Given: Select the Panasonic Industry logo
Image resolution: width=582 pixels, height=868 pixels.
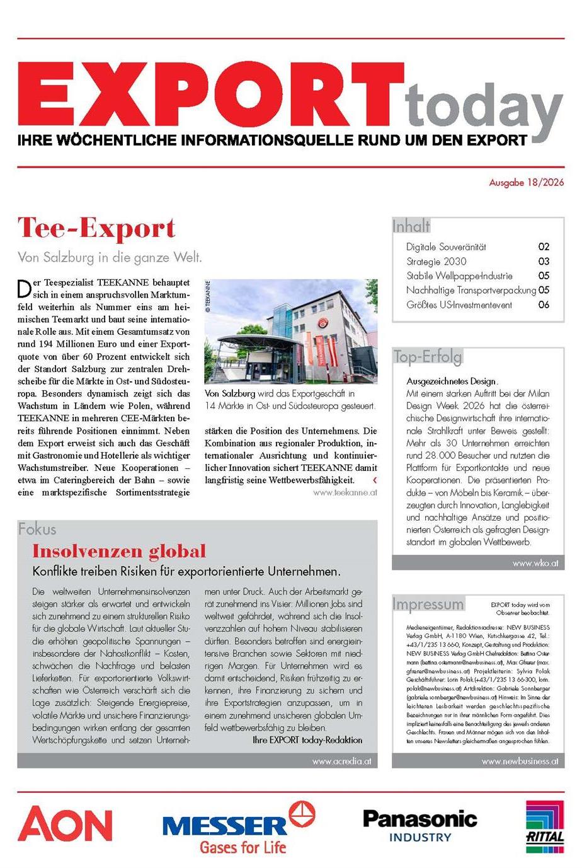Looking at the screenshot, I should click(420, 826).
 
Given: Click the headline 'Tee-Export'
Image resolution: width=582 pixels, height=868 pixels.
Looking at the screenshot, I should click(96, 228).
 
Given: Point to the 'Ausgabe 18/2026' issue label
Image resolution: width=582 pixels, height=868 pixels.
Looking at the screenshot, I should click(527, 183).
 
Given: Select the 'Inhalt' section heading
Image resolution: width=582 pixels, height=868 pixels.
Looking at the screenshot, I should click(411, 226).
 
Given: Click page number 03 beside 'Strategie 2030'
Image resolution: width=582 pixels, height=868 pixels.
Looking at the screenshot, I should click(543, 261).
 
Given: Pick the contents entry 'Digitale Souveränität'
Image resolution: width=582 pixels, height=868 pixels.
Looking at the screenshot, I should click(446, 246).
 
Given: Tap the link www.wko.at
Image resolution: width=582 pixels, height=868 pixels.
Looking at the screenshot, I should click(535, 563).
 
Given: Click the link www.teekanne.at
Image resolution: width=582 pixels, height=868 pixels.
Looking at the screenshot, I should click(345, 492).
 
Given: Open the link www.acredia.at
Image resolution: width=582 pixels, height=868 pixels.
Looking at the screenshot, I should click(341, 761).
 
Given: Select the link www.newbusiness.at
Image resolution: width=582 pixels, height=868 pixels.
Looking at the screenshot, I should click(520, 761).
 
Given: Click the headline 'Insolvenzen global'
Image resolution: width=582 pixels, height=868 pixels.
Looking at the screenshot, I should click(119, 551).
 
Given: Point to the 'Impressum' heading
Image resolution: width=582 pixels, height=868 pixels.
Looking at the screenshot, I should click(428, 604).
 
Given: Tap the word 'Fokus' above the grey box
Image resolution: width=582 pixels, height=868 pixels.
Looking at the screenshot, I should click(37, 529).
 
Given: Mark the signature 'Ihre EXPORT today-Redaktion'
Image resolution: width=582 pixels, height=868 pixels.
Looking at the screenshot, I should click(307, 739).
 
